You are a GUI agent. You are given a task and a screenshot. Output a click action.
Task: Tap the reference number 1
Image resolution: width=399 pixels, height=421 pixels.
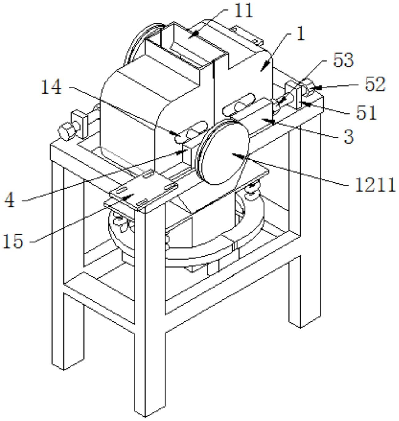click(301, 34)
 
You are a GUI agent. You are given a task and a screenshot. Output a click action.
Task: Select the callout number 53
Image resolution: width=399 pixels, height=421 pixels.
click(343, 61)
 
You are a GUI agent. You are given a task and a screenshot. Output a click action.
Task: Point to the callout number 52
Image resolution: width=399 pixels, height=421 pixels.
click(375, 85)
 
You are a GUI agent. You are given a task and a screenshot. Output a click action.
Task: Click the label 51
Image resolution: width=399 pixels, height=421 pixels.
click(367, 113)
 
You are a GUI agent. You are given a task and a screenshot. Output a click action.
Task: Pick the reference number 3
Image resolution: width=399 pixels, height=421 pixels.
click(349, 137)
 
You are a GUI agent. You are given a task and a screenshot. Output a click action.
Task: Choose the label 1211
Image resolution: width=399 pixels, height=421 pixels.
click(375, 185)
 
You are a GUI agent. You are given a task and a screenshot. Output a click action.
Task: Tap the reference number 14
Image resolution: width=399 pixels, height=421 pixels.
click(52, 87)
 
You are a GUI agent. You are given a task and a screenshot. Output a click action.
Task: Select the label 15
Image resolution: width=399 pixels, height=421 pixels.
click(13, 241)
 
